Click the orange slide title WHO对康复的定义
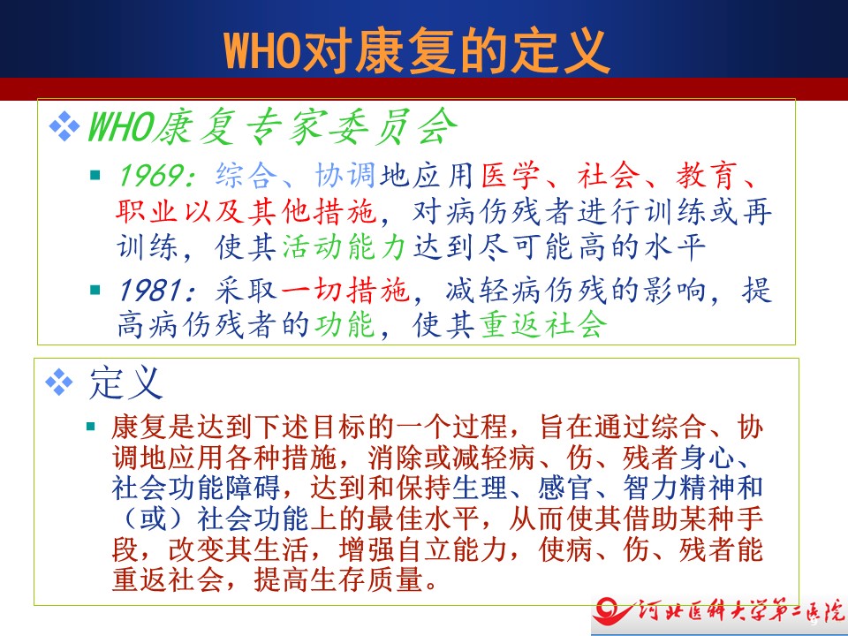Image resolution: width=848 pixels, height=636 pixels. [x=417, y=51]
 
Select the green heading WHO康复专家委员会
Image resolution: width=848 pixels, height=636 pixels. [x=272, y=127]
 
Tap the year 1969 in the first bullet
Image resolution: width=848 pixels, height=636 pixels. [x=149, y=176]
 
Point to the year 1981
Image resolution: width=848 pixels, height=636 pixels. [x=149, y=291]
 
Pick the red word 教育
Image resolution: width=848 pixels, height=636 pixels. [x=706, y=175]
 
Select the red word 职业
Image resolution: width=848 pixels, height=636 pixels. [x=147, y=210]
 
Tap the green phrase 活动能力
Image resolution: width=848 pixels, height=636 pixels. [x=344, y=246]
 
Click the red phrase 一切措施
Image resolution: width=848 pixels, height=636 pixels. [x=344, y=291]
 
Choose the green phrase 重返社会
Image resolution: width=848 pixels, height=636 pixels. [x=543, y=325]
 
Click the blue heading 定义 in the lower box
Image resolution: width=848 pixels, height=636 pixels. [x=125, y=382]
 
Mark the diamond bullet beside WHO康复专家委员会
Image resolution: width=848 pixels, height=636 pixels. [x=64, y=126]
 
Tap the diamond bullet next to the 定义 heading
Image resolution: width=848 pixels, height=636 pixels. [x=59, y=382]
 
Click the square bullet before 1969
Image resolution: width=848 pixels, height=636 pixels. [x=95, y=175]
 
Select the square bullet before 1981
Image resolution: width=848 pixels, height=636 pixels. [x=95, y=290]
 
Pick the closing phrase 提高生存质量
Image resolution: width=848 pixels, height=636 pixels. [x=339, y=579]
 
